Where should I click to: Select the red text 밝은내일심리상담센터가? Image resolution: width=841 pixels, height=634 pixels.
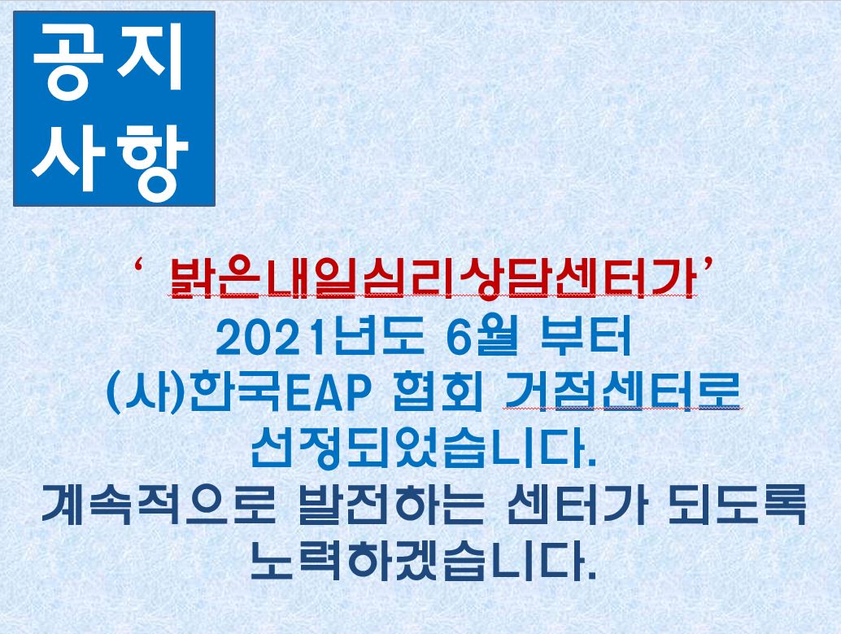pyautogui.click(x=433, y=278)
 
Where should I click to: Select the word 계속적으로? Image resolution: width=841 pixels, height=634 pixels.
pyautogui.click(x=159, y=505)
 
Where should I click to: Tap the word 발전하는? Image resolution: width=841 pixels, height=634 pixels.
pyautogui.click(x=390, y=505)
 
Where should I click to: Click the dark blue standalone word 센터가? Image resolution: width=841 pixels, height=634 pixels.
pyautogui.click(x=577, y=505)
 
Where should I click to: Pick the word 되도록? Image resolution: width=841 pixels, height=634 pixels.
pyautogui.click(x=738, y=505)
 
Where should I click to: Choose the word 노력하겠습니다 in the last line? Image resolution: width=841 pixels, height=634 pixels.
pyautogui.click(x=416, y=561)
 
